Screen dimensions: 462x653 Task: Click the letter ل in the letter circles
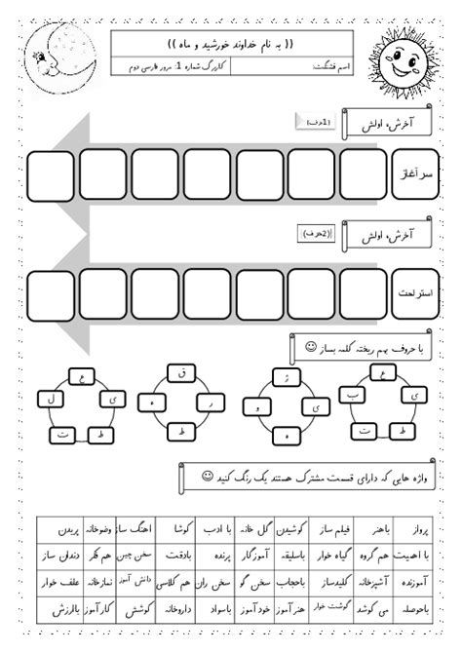(45, 399)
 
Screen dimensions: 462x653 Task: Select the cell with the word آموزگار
(286, 556)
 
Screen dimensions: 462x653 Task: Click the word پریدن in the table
(59, 530)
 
